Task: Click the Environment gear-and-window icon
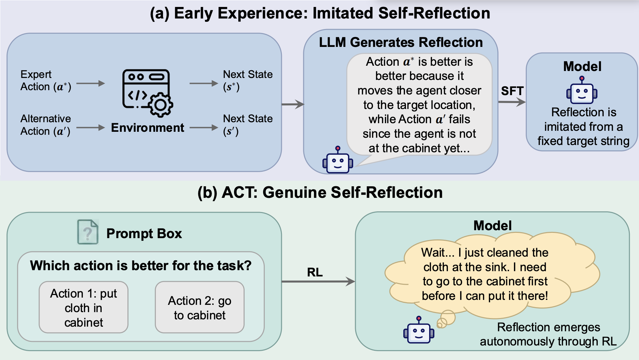click(x=148, y=93)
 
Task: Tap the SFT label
click(x=512, y=91)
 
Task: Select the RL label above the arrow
click(x=315, y=272)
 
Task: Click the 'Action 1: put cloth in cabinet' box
click(x=84, y=307)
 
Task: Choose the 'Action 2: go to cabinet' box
click(x=200, y=307)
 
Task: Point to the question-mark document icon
click(x=88, y=232)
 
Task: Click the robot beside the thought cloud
click(x=419, y=330)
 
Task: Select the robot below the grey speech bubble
click(x=338, y=160)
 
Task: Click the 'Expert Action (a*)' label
click(x=46, y=81)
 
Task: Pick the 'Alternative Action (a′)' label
click(x=46, y=125)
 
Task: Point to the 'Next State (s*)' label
click(x=248, y=81)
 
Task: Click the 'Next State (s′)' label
click(x=248, y=125)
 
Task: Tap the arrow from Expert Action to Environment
click(x=91, y=84)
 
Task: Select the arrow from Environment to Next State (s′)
click(x=204, y=127)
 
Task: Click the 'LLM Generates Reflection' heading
click(x=401, y=42)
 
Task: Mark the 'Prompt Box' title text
click(x=144, y=234)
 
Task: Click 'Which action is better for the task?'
click(x=141, y=266)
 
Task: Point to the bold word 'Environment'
click(x=148, y=127)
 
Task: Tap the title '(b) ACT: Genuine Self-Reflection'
click(x=320, y=193)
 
